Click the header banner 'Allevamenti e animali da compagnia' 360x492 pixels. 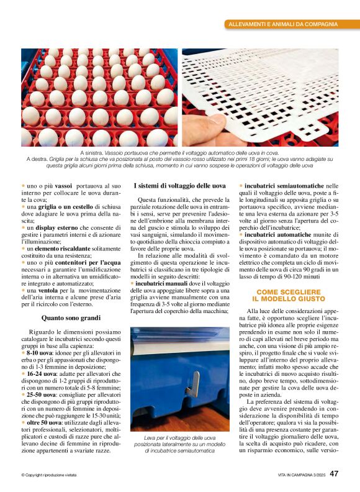pyautogui.click(x=283, y=24)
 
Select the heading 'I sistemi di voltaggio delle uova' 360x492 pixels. pyautogui.click(x=179, y=186)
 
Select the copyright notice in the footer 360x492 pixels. pyautogui.click(x=49, y=475)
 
